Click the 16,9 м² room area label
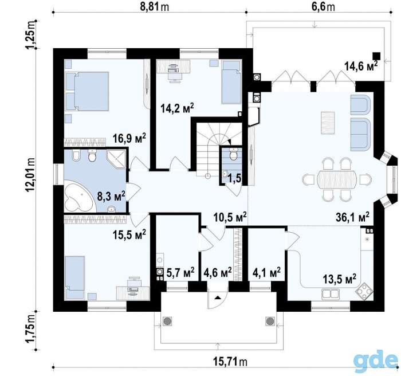pyautogui.click(x=129, y=138)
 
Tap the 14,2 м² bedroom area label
pyautogui.click(x=177, y=108)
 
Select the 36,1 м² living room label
pyautogui.click(x=353, y=218)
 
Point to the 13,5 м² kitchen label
pyautogui.click(x=339, y=279)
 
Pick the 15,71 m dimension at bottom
pyautogui.click(x=230, y=362)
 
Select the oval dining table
pyautogui.click(x=337, y=179)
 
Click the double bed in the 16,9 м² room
pyautogui.click(x=87, y=91)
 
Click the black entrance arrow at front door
pyautogui.click(x=218, y=297)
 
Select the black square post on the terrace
pyautogui.click(x=376, y=56)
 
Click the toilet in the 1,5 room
pyautogui.click(x=233, y=154)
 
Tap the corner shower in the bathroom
pyautogui.click(x=116, y=159)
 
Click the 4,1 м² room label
pyautogui.click(x=267, y=272)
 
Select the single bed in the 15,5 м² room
pyautogui.click(x=74, y=277)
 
